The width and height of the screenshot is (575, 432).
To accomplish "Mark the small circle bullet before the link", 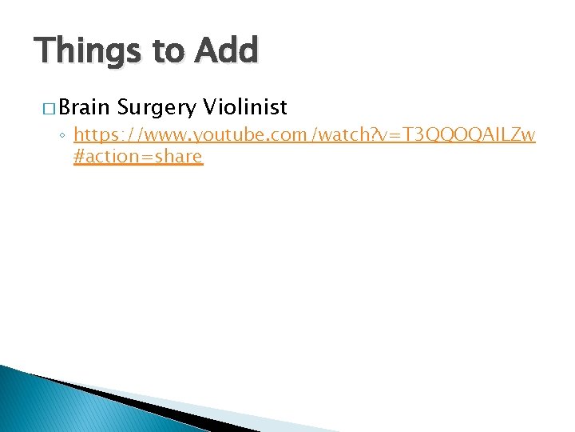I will click(63, 138).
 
